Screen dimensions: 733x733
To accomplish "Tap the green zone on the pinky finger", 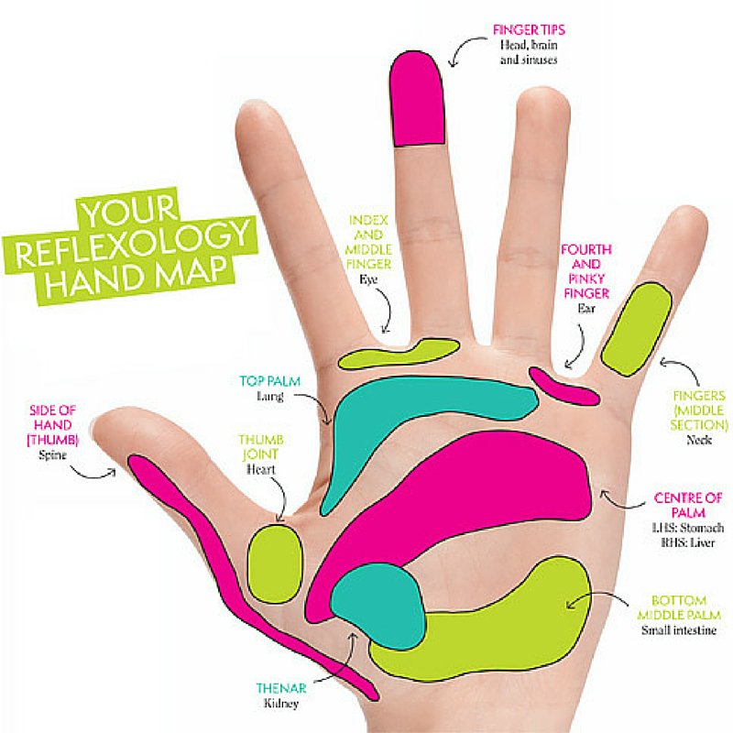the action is pyautogui.click(x=636, y=329).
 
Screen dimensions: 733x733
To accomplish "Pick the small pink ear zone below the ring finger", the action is pyautogui.click(x=563, y=385).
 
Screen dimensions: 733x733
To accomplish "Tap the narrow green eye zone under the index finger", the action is pyautogui.click(x=399, y=353).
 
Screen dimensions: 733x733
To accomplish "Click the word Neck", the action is pyautogui.click(x=698, y=440).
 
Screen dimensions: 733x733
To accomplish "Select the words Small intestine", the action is pyautogui.click(x=679, y=630).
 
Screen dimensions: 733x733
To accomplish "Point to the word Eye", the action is pyautogui.click(x=368, y=262).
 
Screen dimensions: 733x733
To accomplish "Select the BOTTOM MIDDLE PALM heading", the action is pyautogui.click(x=679, y=606).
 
